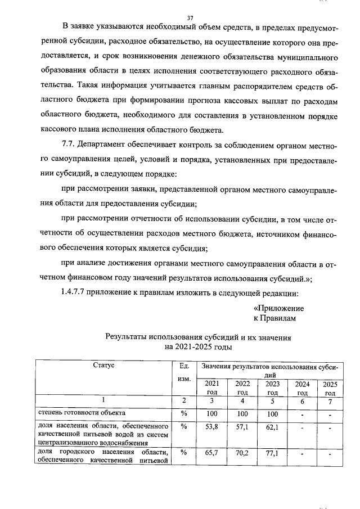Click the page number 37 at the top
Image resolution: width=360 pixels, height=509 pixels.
(190, 18)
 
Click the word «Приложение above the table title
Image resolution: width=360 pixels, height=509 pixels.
(278, 308)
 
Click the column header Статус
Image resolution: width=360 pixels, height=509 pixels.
(103, 366)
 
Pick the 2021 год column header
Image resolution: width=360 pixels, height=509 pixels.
(211, 388)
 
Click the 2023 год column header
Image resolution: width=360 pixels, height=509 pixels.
(272, 388)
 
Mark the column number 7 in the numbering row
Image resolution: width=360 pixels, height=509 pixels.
(330, 401)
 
